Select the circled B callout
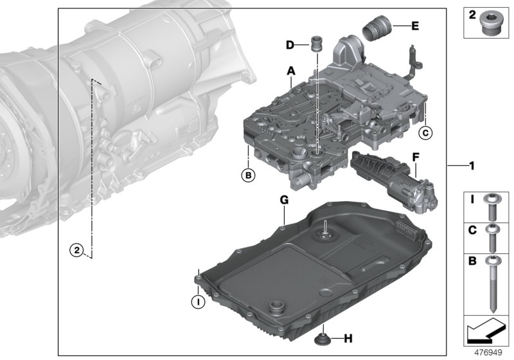point(246,174)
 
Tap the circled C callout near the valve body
point(424,133)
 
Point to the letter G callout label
point(283,201)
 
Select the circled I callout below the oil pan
point(198,300)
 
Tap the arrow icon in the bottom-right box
point(486,334)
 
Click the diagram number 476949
point(488,353)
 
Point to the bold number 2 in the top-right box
point(472,15)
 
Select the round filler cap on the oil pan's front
point(278,307)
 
